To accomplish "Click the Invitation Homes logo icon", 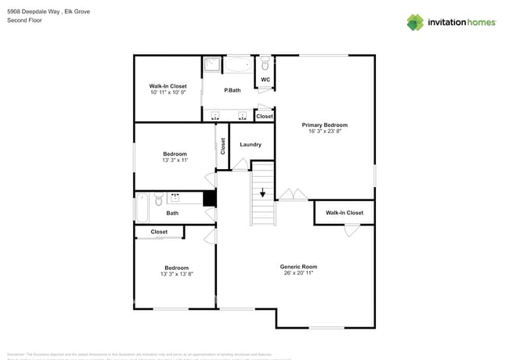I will pos(415,22).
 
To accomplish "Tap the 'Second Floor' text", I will pos(24,20).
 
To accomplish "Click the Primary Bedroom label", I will pos(324,124).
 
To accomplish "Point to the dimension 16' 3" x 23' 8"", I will pos(324,131).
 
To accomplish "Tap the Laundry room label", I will pos(251,144).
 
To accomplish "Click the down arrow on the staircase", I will pos(263,192).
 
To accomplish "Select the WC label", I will pos(265,79).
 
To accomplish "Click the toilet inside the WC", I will pos(265,62).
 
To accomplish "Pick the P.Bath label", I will pos(232,91).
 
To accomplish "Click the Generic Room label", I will pos(298,267).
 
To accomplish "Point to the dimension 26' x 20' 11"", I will pos(298,274).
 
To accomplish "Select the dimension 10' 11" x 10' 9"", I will pos(168,92).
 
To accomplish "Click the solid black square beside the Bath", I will pos(209,199).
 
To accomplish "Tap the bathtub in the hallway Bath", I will pos(142,207).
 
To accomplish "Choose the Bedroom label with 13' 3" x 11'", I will pos(175,153).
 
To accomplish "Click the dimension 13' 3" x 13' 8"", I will pos(176,275).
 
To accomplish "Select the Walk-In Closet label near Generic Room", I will pos(345,213).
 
